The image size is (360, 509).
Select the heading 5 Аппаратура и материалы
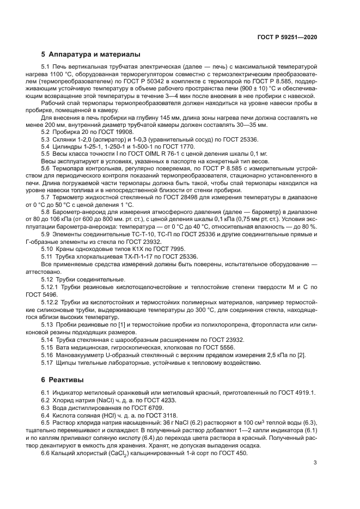click(x=91, y=54)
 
